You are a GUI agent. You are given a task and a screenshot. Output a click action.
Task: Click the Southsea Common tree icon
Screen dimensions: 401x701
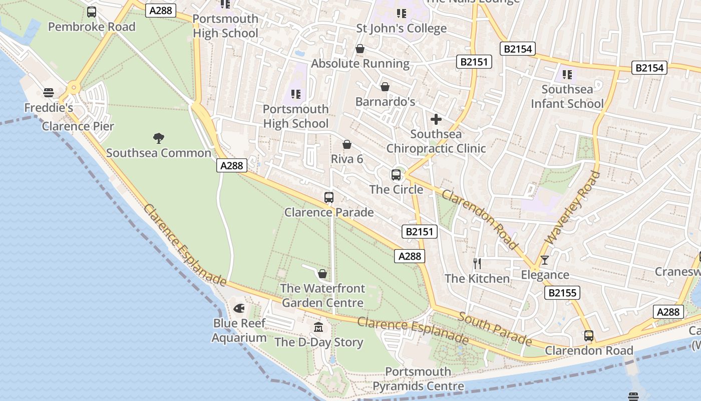159,138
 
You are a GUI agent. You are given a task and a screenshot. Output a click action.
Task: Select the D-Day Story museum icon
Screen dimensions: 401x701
318,327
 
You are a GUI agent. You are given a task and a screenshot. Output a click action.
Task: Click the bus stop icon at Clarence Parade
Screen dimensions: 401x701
329,197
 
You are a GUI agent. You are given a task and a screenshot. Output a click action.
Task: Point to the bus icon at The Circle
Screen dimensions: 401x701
396,175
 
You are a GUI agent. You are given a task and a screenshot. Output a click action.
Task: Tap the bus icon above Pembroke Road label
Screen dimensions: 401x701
92,12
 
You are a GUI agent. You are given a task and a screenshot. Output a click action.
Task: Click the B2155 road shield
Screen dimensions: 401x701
562,293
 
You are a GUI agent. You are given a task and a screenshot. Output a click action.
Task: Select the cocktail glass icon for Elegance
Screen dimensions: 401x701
545,260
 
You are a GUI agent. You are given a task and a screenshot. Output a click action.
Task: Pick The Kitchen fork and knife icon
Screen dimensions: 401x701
477,264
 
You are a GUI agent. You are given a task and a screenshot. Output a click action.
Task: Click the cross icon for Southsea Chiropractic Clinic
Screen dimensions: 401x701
436,119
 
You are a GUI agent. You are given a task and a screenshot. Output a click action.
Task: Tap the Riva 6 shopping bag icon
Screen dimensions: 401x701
347,145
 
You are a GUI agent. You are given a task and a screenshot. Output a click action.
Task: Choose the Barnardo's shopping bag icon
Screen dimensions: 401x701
385,87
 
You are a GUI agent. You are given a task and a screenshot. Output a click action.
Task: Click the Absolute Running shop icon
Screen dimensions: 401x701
360,49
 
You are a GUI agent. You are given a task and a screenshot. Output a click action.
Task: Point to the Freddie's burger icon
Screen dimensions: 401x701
49,92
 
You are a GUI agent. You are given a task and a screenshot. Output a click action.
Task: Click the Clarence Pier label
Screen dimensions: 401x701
78,126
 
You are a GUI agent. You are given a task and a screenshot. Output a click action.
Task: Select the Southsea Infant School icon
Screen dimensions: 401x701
567,75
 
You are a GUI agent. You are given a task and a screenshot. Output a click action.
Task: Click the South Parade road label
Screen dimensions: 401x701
495,329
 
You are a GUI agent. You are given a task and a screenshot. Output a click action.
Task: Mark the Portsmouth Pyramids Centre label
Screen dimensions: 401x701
418,379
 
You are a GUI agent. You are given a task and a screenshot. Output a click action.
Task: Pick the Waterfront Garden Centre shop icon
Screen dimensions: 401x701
322,274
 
